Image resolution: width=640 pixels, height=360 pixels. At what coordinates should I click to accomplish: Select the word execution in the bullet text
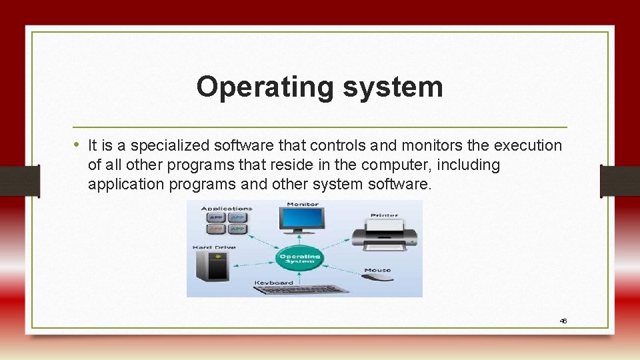527,145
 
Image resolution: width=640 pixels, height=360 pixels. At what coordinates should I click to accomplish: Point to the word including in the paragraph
468,165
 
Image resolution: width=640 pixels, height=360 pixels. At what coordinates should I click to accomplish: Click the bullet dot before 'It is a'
77,145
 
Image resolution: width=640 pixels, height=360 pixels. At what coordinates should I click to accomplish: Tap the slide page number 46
563,321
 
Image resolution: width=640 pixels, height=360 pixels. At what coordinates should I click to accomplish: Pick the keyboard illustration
303,289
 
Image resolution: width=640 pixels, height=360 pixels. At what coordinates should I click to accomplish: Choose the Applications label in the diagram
227,208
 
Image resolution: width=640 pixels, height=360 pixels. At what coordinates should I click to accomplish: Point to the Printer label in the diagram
384,215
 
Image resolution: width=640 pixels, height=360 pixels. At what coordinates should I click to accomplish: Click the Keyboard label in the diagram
274,283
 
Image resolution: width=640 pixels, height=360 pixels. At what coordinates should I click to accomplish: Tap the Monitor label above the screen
302,204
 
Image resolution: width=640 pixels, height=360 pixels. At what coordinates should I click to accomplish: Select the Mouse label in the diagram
377,270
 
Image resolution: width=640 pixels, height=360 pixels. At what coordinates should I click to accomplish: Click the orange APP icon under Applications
215,229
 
